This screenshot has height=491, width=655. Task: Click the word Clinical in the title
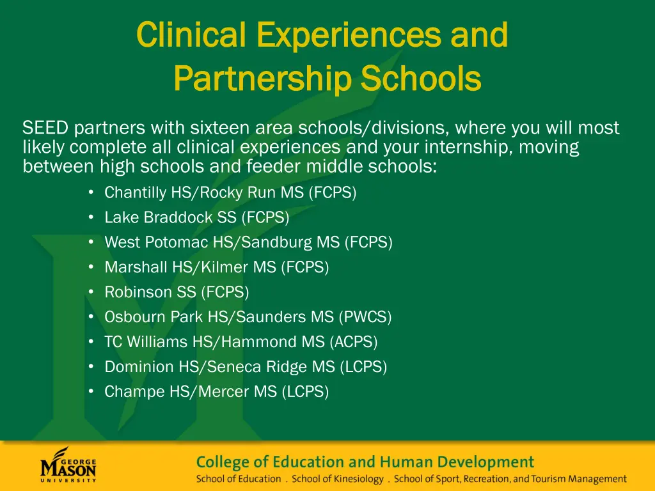click(191, 35)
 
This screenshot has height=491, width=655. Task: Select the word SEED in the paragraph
click(45, 129)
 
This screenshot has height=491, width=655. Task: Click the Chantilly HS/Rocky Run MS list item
click(230, 192)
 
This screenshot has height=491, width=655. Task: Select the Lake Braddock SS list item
click(196, 217)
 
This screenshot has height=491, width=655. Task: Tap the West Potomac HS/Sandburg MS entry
click(248, 242)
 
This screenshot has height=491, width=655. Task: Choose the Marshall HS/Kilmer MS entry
click(216, 267)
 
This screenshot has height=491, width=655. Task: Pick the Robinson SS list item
click(177, 292)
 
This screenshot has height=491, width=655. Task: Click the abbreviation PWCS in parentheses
click(365, 317)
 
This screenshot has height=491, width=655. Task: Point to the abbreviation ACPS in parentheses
click(354, 342)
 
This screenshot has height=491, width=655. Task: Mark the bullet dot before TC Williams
click(92, 341)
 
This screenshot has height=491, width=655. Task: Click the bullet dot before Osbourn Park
click(92, 316)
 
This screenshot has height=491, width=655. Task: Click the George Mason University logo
click(68, 465)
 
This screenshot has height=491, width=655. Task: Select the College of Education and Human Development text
click(365, 462)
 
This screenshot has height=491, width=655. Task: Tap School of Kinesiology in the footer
click(338, 479)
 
